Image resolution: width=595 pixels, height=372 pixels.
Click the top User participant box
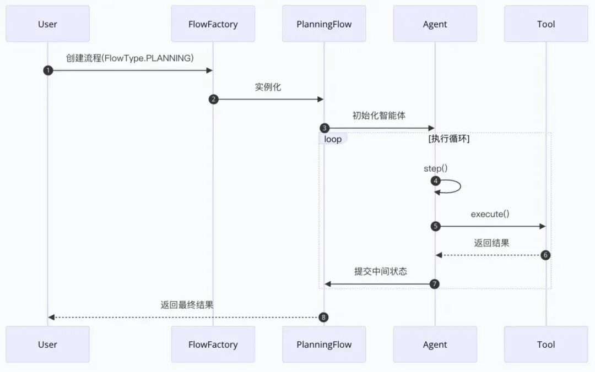(x=47, y=24)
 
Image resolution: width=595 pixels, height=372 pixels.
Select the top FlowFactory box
(x=213, y=24)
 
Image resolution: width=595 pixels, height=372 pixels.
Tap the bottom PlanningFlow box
(x=324, y=344)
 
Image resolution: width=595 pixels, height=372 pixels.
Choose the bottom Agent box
(x=435, y=344)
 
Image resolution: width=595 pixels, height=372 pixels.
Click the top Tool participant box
(x=546, y=24)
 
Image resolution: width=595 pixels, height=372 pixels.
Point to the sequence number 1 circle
(x=48, y=70)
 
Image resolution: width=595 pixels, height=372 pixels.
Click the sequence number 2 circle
(x=214, y=99)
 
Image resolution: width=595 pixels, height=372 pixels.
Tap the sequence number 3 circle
(x=324, y=128)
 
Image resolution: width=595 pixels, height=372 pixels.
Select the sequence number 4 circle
(x=436, y=180)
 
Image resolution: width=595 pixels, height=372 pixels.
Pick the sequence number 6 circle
(x=545, y=255)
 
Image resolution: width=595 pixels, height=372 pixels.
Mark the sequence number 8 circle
(x=324, y=317)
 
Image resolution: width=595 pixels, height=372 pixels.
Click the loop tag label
(x=333, y=139)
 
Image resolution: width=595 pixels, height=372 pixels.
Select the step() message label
(x=435, y=168)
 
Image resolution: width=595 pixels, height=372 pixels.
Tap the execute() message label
(x=490, y=214)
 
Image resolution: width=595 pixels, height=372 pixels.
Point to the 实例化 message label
(x=268, y=87)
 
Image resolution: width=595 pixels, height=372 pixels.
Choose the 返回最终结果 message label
(x=187, y=305)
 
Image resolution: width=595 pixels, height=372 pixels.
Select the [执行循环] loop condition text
(x=449, y=139)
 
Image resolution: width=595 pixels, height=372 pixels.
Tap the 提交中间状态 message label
(x=381, y=271)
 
